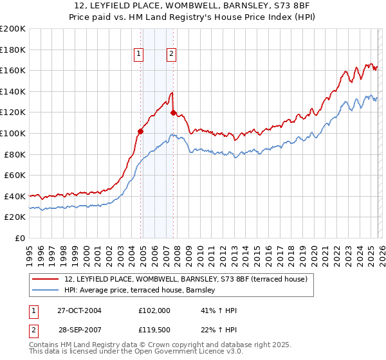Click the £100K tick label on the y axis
[x=13, y=133]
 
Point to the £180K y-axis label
[x=13, y=50]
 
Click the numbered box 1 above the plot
[x=139, y=55]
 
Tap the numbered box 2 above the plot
[x=172, y=55]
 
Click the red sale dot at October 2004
[x=140, y=131]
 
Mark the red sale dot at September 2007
[x=173, y=113]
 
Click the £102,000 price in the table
[x=154, y=310]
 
